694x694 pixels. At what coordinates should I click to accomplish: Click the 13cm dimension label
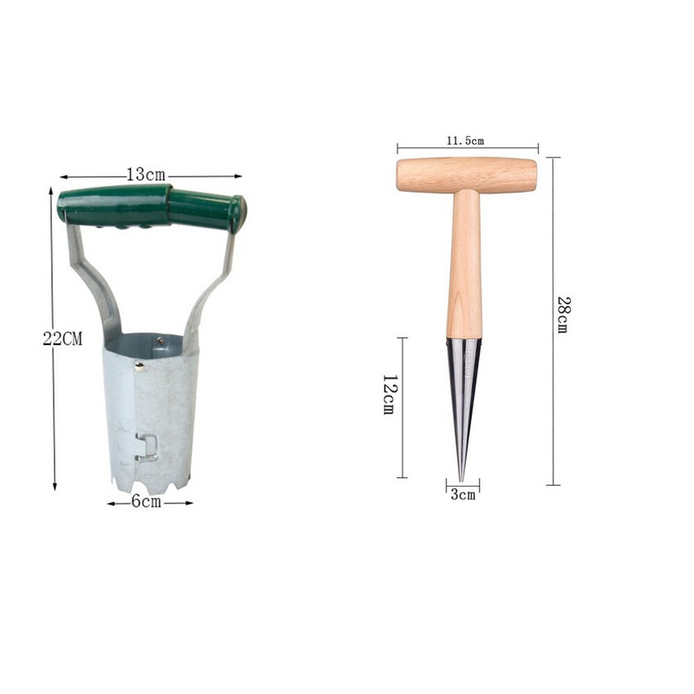click(146, 174)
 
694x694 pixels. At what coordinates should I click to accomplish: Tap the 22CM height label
click(62, 339)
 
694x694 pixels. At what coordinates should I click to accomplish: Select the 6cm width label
click(147, 502)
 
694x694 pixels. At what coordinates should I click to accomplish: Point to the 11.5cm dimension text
click(465, 141)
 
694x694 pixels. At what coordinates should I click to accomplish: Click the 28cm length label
click(563, 314)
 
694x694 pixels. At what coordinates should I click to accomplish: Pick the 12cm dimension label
click(390, 395)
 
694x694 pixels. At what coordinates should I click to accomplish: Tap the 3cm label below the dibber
click(463, 494)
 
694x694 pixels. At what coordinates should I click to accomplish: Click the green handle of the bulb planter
click(151, 207)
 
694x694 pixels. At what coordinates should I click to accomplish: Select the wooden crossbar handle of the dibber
click(467, 175)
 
